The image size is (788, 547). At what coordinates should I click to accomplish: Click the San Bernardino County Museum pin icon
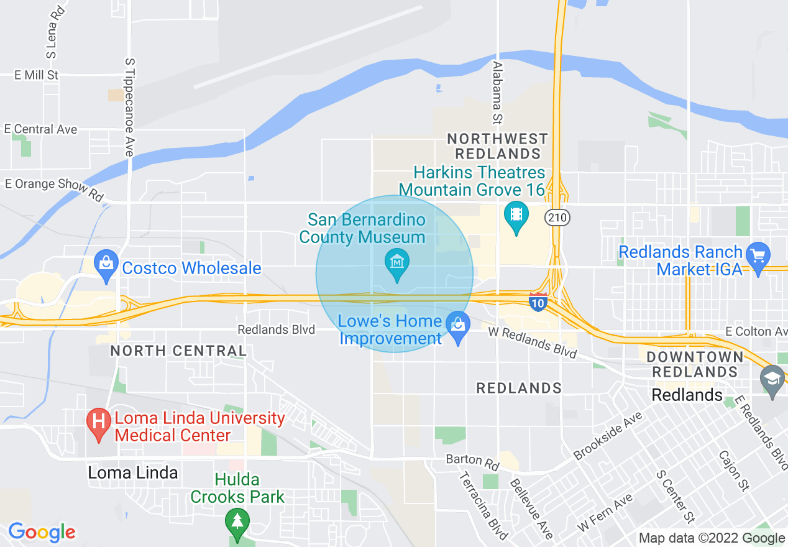pos(397,264)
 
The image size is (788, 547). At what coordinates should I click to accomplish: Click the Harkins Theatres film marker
pos(516,215)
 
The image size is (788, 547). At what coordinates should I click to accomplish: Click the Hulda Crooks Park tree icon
pos(237,521)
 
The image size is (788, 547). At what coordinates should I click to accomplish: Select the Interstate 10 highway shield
pos(538,303)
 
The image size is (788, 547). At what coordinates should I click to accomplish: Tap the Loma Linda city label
pos(132,472)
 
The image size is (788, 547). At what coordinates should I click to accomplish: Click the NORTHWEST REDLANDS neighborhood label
pos(498,145)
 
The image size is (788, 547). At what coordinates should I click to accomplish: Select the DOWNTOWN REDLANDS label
pos(695,364)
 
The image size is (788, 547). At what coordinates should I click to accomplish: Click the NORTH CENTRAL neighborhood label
pos(178,351)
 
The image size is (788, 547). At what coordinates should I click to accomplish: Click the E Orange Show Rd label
pos(54,188)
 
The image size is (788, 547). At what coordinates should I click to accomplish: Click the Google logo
pos(42,533)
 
